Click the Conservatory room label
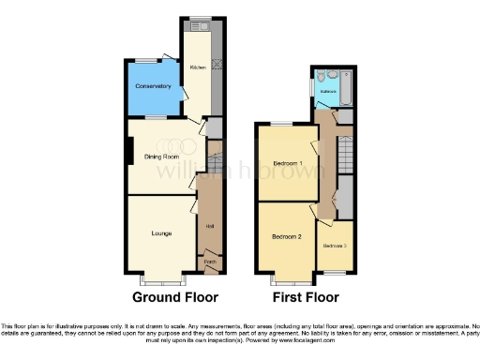tap(153, 86)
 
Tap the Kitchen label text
tap(198, 67)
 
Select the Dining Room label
tap(161, 156)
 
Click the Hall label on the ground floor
tap(209, 226)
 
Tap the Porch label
tap(210, 262)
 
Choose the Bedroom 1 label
tap(287, 163)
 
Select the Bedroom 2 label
tap(286, 238)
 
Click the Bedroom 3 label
tap(335, 246)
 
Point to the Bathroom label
tap(328, 92)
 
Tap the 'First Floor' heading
tap(305, 298)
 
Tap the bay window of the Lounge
tap(161, 280)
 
